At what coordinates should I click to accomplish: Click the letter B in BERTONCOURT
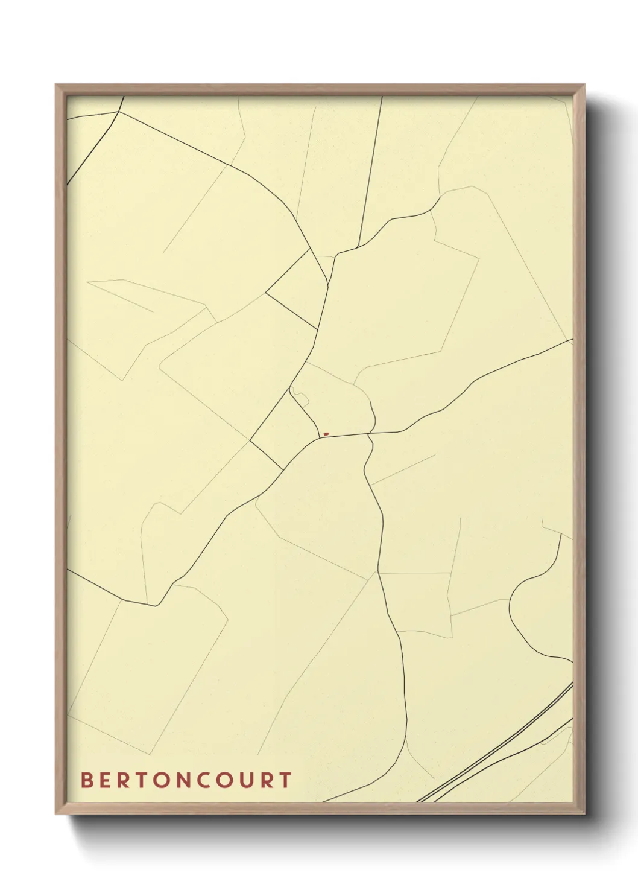[86, 780]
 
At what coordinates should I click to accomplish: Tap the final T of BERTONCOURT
[285, 780]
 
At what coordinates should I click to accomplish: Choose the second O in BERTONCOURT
[223, 780]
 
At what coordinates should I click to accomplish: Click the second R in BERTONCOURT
[265, 780]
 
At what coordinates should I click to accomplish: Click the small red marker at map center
[326, 434]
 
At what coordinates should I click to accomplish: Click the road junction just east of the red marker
[370, 433]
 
